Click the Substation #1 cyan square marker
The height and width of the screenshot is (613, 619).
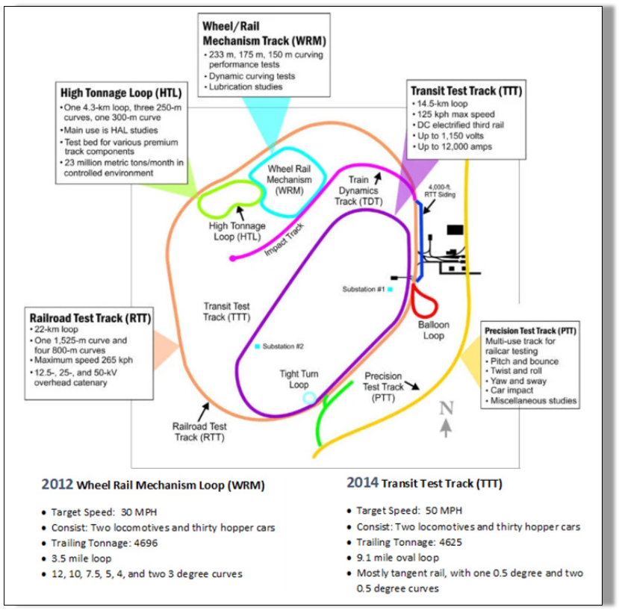click(390, 288)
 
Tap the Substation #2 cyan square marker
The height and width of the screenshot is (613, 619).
click(257, 346)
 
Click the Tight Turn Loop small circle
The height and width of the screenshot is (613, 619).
click(309, 398)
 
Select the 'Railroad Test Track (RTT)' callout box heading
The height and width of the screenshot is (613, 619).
click(90, 317)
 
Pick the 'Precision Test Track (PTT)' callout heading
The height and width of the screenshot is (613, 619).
click(530, 330)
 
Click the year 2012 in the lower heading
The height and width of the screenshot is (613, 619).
click(57, 484)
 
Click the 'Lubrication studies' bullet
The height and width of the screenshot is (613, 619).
click(246, 87)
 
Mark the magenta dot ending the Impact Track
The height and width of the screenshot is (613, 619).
click(232, 258)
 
